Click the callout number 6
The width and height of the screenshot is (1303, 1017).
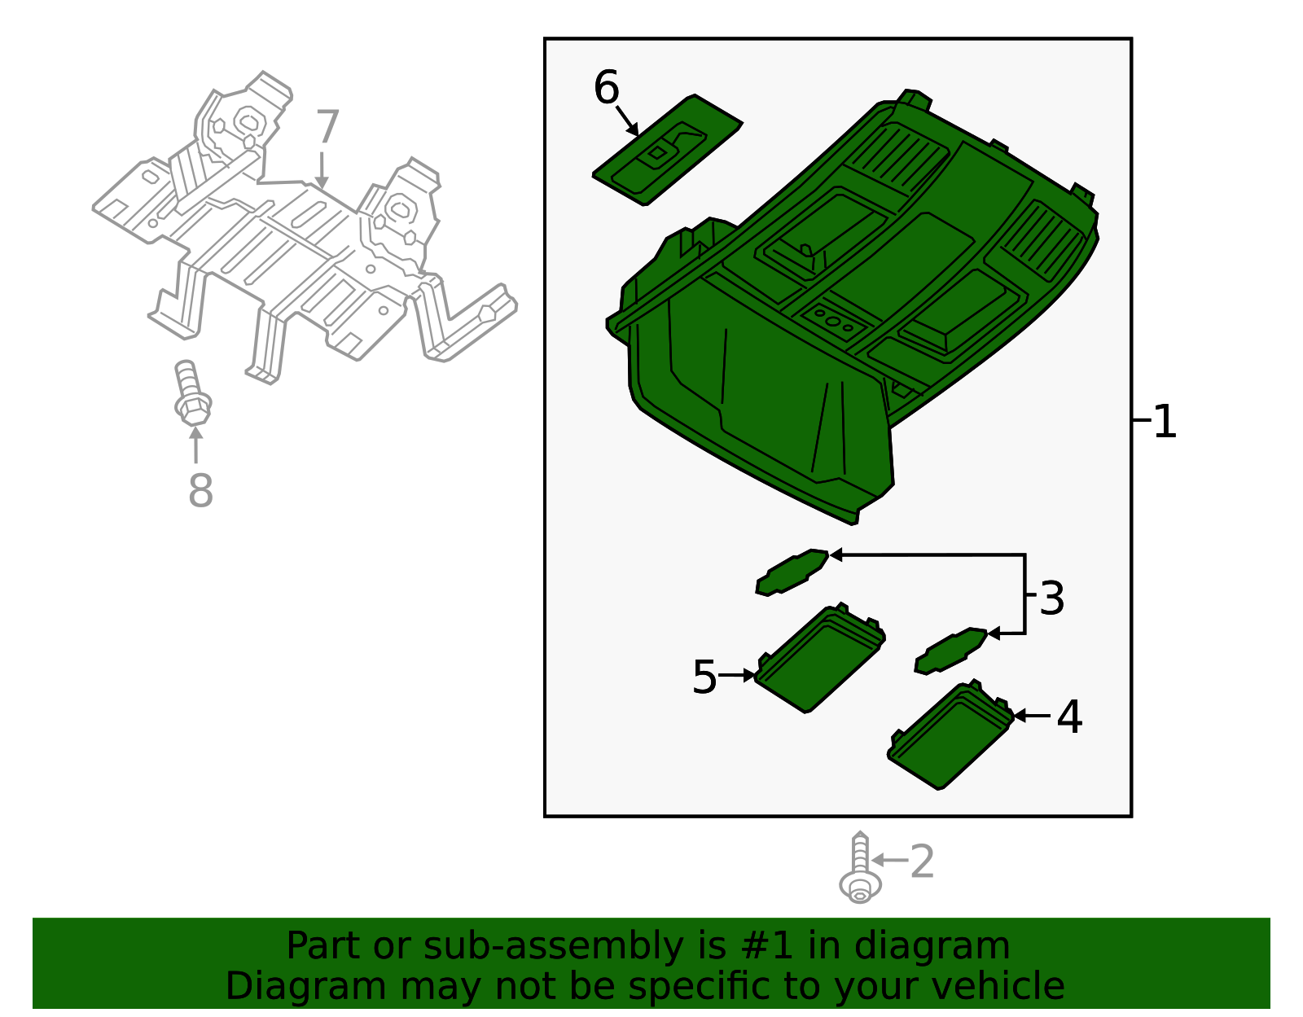coord(606,87)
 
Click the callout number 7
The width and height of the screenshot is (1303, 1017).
coord(327,126)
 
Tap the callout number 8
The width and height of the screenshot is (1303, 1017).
coord(200,490)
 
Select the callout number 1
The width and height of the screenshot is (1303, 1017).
coord(1165,421)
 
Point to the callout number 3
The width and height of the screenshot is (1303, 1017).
coord(1051,598)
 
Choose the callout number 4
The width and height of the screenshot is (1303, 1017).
coord(1069,717)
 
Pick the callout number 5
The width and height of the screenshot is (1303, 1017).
coord(704,677)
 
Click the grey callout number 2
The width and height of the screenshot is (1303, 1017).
coord(922,861)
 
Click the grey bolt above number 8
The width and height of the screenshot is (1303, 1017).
coord(192,393)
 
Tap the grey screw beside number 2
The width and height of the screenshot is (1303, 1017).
coord(860,867)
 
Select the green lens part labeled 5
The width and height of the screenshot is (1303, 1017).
coord(819,658)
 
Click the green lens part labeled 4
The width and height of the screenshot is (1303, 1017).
coord(950,734)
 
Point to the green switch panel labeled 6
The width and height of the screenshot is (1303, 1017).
coord(667,150)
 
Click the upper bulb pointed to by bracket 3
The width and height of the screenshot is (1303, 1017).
coord(792,572)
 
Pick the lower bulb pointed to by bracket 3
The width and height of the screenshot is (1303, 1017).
coord(950,651)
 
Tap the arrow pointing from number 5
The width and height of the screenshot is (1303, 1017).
coord(736,675)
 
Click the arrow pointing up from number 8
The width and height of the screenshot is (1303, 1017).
coord(195,445)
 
